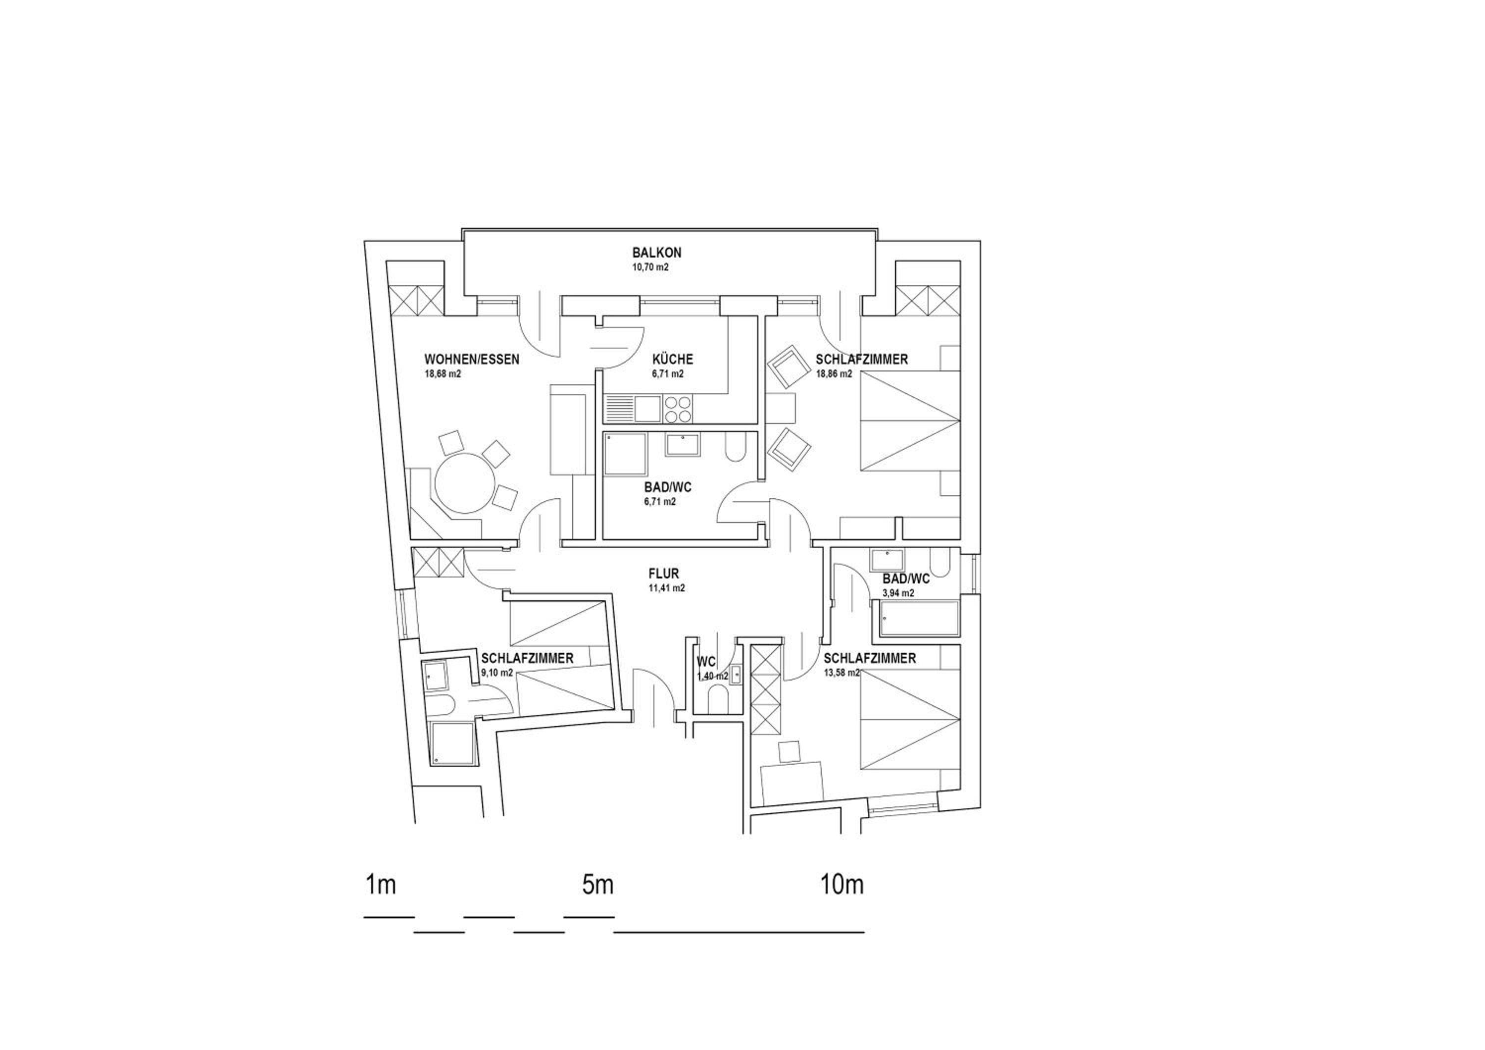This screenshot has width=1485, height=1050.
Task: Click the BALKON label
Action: point(656,253)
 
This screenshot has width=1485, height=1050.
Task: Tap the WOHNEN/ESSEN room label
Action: point(472,360)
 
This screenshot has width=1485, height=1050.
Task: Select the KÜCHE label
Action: point(673,359)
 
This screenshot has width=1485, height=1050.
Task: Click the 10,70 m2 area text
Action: point(650,267)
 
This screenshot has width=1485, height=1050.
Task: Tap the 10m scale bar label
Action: point(842,885)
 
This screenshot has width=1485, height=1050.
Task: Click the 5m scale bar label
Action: point(597,885)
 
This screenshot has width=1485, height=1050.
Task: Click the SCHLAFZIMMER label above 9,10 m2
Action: point(527,659)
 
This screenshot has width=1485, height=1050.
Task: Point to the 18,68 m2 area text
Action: point(443,374)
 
